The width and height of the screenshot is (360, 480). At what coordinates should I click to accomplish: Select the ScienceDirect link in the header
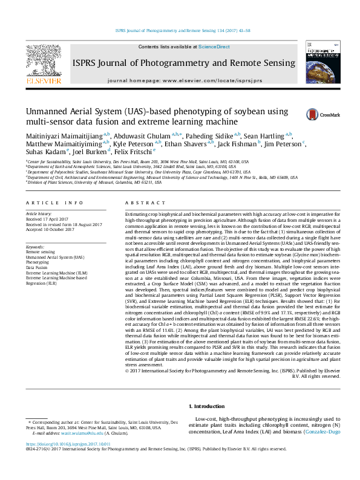tap(214, 47)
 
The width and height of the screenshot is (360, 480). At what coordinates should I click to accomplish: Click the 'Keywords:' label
tap(36, 247)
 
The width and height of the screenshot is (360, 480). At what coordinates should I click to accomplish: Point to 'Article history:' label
tap(39, 214)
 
